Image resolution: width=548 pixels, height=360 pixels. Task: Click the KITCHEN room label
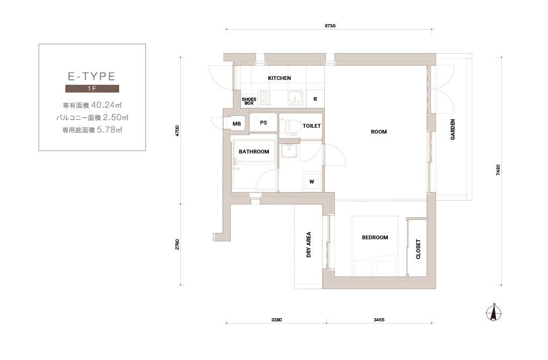point(279,78)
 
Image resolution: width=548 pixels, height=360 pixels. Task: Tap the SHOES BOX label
point(249,101)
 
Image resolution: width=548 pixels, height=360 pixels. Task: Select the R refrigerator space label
point(315,99)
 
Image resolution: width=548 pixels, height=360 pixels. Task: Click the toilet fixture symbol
point(290,126)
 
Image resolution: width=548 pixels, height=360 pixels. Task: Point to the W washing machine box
point(311,181)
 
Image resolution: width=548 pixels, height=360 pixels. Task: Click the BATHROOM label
point(254,152)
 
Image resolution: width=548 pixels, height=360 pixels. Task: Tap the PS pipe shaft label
point(264,123)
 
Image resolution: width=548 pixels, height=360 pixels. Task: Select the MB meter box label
point(237,124)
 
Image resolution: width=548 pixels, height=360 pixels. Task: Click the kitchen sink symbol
point(295,98)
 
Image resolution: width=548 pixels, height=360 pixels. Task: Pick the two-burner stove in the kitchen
point(265,98)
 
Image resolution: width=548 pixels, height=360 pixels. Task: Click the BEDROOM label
point(375,238)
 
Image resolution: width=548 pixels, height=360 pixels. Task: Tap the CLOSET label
point(418,249)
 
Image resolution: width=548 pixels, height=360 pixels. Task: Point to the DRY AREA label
point(309,245)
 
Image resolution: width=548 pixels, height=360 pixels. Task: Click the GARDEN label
point(452,130)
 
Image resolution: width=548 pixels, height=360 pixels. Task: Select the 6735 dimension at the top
point(330,26)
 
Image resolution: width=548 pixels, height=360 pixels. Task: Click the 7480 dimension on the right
point(498,170)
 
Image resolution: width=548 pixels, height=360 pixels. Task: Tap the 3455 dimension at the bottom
point(379,320)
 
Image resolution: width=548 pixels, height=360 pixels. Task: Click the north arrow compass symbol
point(494,312)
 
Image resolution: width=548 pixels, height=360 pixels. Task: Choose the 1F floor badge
point(92,89)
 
